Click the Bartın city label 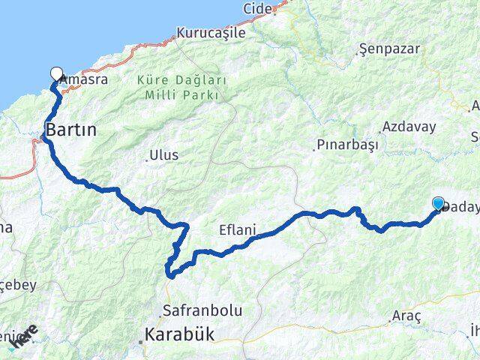71,130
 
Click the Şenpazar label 389,49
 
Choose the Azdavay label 409,127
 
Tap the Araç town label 406,317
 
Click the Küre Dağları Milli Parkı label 178,87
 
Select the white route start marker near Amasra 56,73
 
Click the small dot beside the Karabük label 141,343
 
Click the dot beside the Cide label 274,12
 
